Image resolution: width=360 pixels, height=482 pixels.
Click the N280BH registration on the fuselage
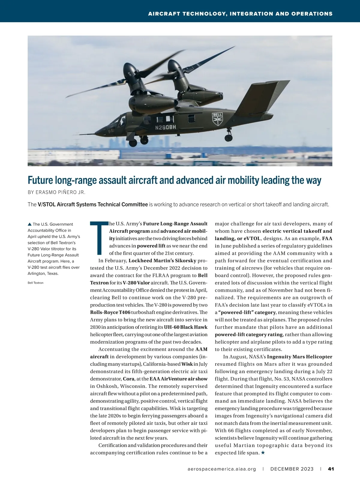pyautogui.click(x=165, y=128)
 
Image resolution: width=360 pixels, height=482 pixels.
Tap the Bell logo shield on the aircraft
pyautogui.click(x=217, y=119)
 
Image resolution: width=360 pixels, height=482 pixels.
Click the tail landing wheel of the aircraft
pyautogui.click(x=229, y=138)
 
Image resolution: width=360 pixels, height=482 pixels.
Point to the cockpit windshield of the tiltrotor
pyautogui.click(x=116, y=122)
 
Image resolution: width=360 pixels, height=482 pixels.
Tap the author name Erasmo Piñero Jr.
pyautogui.click(x=56, y=192)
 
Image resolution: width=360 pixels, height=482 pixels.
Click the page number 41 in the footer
pyautogui.click(x=331, y=469)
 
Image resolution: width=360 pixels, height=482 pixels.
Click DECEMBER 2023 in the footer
pyautogui.click(x=292, y=469)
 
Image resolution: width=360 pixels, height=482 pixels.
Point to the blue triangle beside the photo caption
pyautogui.click(x=29, y=224)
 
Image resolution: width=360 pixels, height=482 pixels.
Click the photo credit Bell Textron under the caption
pyautogui.click(x=35, y=283)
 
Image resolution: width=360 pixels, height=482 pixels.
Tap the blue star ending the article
pyautogui.click(x=263, y=453)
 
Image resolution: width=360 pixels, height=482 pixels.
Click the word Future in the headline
pyautogui.click(x=40, y=180)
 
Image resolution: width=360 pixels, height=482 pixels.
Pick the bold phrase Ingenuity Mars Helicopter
pyautogui.click(x=299, y=357)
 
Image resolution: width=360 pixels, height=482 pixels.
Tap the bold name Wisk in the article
pyautogui.click(x=187, y=364)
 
